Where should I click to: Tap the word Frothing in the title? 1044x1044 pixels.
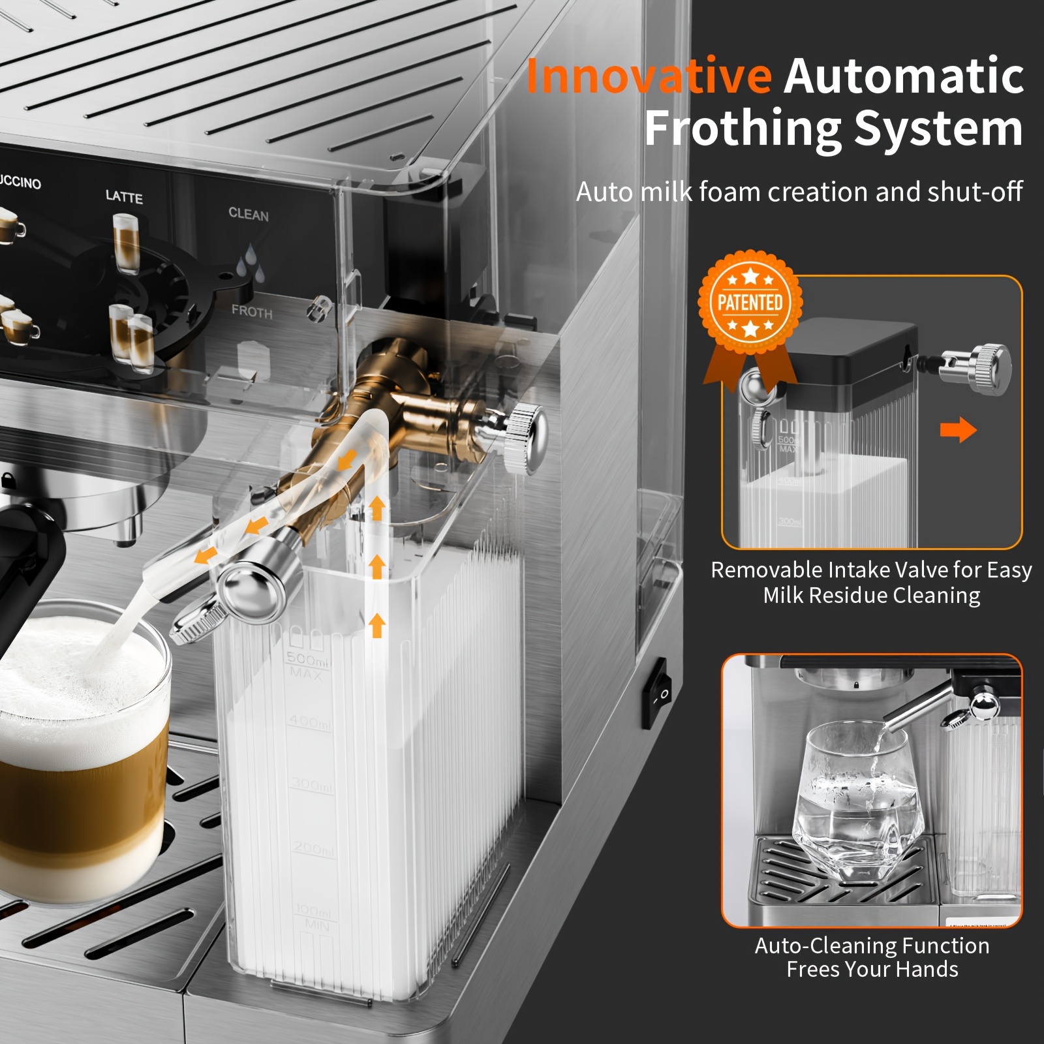click(x=743, y=129)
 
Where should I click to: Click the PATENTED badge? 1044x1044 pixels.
click(x=750, y=302)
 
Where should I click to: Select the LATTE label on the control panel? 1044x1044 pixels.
click(x=124, y=196)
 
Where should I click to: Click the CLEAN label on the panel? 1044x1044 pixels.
click(x=248, y=214)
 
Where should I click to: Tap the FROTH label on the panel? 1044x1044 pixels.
click(x=251, y=312)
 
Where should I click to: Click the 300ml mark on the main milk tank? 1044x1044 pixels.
click(x=311, y=786)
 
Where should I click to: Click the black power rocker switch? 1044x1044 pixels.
click(x=656, y=693)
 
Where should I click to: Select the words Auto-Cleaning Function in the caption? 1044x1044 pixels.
click(x=872, y=945)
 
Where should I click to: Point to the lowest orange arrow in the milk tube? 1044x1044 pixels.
click(x=376, y=625)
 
